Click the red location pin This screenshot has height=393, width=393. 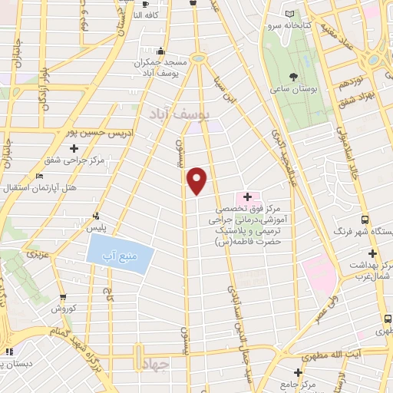pyautogui.click(x=197, y=181)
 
